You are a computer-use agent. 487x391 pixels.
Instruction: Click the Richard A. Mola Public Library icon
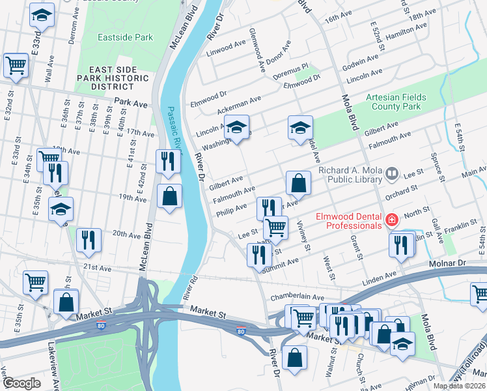coord(392,173)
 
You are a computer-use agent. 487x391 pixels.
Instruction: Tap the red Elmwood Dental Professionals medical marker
coord(391,220)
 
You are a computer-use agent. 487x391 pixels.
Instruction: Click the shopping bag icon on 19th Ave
coord(169,196)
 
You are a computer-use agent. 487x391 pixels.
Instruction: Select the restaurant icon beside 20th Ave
coord(89,240)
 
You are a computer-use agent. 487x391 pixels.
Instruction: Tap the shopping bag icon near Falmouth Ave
coord(298,183)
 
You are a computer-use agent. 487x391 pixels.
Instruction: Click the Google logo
coord(21,383)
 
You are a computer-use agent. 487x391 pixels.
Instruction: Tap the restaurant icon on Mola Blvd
coord(399,244)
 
